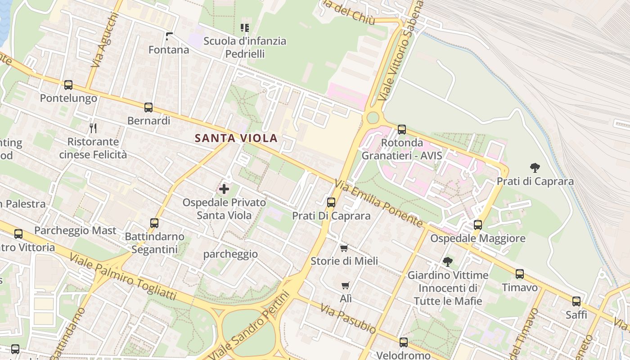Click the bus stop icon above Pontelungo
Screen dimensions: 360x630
pyautogui.click(x=68, y=85)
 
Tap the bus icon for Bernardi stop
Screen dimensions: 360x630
pyautogui.click(x=148, y=108)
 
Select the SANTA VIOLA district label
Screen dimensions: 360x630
pyautogui.click(x=236, y=138)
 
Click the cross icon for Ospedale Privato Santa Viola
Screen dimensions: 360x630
pyautogui.click(x=224, y=189)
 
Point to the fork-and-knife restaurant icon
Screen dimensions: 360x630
pyautogui.click(x=93, y=128)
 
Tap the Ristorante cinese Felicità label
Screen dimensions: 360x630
pyautogui.click(x=93, y=148)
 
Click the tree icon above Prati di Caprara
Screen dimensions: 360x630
pyautogui.click(x=535, y=168)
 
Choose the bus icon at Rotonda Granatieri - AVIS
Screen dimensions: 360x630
pyautogui.click(x=402, y=130)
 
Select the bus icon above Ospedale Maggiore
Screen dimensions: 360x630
pyautogui.click(x=478, y=225)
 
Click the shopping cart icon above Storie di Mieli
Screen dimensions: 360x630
pyautogui.click(x=344, y=248)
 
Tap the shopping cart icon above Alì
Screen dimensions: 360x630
pyautogui.click(x=345, y=285)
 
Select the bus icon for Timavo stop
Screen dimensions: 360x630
pyautogui.click(x=520, y=274)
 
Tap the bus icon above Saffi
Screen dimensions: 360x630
pyautogui.click(x=576, y=301)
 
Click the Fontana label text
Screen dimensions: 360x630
pyautogui.click(x=169, y=49)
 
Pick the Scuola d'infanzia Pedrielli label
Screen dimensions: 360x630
pyautogui.click(x=245, y=47)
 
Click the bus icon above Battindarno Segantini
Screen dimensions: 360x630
pyautogui.click(x=154, y=223)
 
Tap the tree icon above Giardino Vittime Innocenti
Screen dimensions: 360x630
pyautogui.click(x=447, y=261)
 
